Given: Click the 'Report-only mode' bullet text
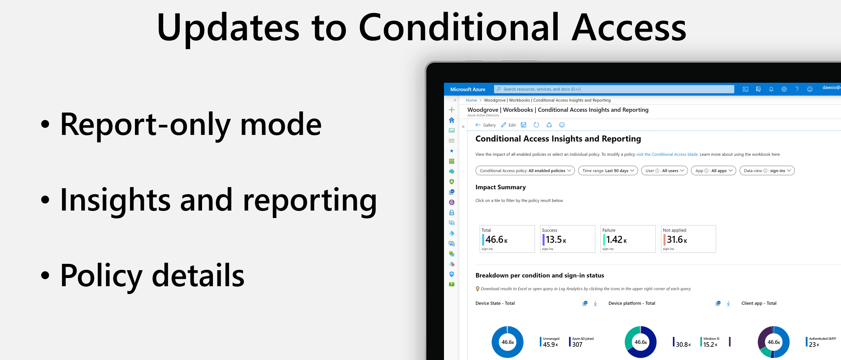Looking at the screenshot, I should pyautogui.click(x=190, y=125).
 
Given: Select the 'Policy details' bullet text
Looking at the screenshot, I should pyautogui.click(x=152, y=276).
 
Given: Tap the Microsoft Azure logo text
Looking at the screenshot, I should pyautogui.click(x=467, y=89).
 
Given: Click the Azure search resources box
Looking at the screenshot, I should pyautogui.click(x=614, y=89).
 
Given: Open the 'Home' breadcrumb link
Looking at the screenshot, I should pyautogui.click(x=471, y=100).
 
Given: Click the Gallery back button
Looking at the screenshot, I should pyautogui.click(x=485, y=125).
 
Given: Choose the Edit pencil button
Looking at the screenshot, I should pyautogui.click(x=508, y=125).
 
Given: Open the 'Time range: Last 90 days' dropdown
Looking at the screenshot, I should pyautogui.click(x=608, y=171).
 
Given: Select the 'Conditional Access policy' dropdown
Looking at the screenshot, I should pyautogui.click(x=525, y=171).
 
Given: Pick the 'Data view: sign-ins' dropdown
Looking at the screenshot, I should pyautogui.click(x=767, y=171).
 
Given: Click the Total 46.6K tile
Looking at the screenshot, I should pyautogui.click(x=507, y=239).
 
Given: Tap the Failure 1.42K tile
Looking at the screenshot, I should pyautogui.click(x=627, y=239).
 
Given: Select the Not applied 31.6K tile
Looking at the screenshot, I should pyautogui.click(x=688, y=239).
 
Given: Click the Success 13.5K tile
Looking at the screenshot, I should pyautogui.click(x=567, y=239).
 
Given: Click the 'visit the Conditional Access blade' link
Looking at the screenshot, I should pyautogui.click(x=667, y=154).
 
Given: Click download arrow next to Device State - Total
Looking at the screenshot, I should pyautogui.click(x=595, y=303).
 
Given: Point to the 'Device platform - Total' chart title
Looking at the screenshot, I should pyautogui.click(x=631, y=303).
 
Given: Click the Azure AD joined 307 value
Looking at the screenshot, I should pyautogui.click(x=577, y=344).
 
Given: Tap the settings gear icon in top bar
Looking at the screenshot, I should pyautogui.click(x=784, y=89).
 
